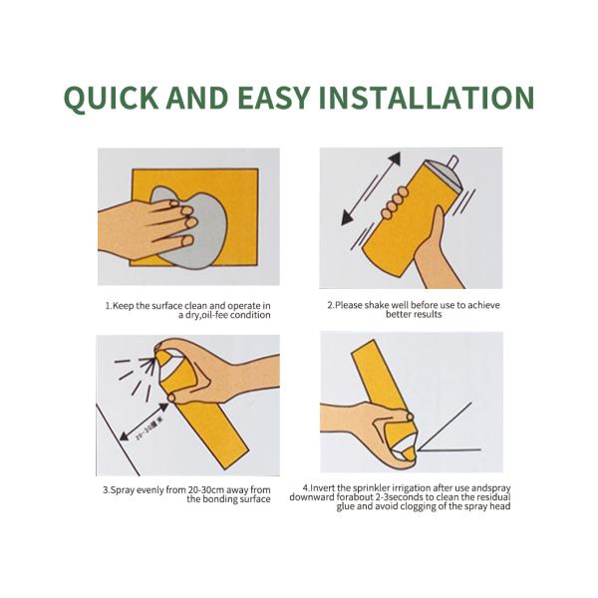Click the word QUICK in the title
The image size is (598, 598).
point(111,98)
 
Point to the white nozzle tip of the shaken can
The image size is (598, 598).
point(452,161)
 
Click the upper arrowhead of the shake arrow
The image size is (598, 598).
point(395,159)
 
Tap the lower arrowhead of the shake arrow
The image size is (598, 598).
point(347,218)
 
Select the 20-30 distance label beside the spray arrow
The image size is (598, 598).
point(146,434)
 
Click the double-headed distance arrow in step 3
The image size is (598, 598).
point(144,422)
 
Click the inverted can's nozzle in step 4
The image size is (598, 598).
point(408,454)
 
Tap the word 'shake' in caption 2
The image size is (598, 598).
point(377,305)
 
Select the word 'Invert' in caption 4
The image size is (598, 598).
point(324,487)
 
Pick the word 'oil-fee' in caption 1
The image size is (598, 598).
point(214,315)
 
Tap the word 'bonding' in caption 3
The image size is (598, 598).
point(218,499)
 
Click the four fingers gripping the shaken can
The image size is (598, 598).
point(395,202)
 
